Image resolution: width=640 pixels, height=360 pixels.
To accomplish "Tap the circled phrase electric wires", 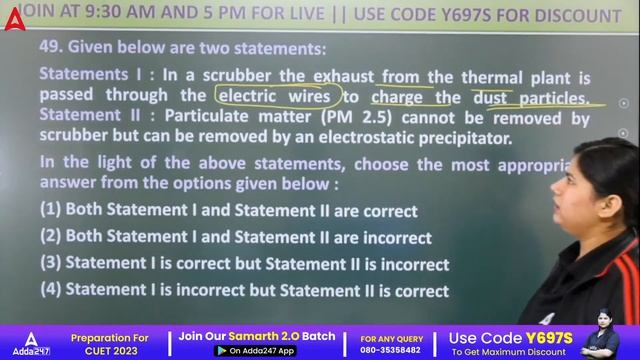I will [x=277, y=97].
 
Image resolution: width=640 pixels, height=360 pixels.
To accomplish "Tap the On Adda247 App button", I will [x=256, y=351].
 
